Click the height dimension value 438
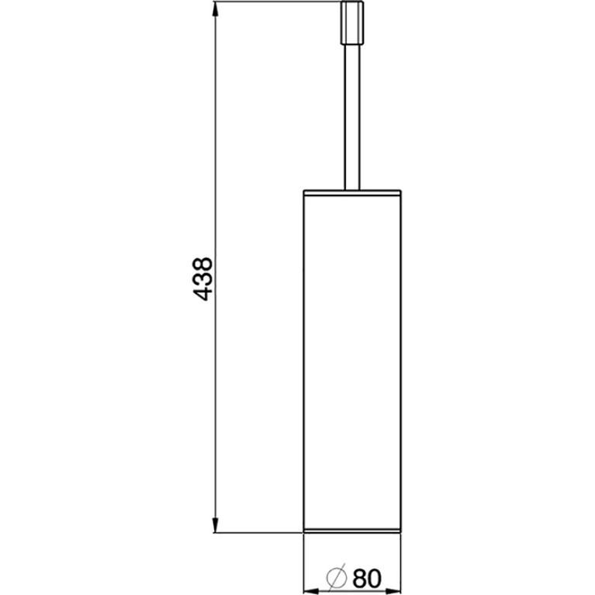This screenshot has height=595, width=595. click(203, 279)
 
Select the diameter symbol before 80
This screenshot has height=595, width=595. click(337, 577)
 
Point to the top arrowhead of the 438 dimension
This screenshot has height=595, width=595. click(215, 9)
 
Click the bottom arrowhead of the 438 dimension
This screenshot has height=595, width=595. click(215, 525)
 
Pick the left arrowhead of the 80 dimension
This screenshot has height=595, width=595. click(311, 592)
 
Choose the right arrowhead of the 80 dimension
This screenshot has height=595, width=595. click(393, 592)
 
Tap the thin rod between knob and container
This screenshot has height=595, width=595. click(352, 117)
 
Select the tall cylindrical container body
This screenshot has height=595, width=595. click(352, 361)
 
